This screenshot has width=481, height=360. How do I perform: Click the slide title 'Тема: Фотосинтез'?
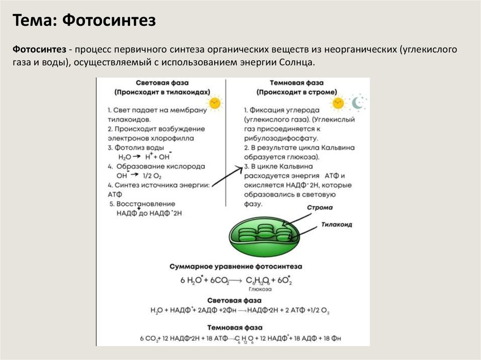click(x=84, y=21)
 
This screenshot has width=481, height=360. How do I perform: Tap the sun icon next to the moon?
click(x=338, y=103)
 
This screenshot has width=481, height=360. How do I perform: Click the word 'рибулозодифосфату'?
click(x=281, y=138)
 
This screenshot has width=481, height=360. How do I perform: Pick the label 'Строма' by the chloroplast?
click(x=320, y=207)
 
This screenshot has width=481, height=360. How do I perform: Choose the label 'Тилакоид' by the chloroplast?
click(x=337, y=225)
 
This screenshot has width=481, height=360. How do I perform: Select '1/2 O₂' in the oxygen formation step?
click(x=151, y=176)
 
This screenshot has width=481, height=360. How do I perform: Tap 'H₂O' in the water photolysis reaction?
click(x=125, y=157)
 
